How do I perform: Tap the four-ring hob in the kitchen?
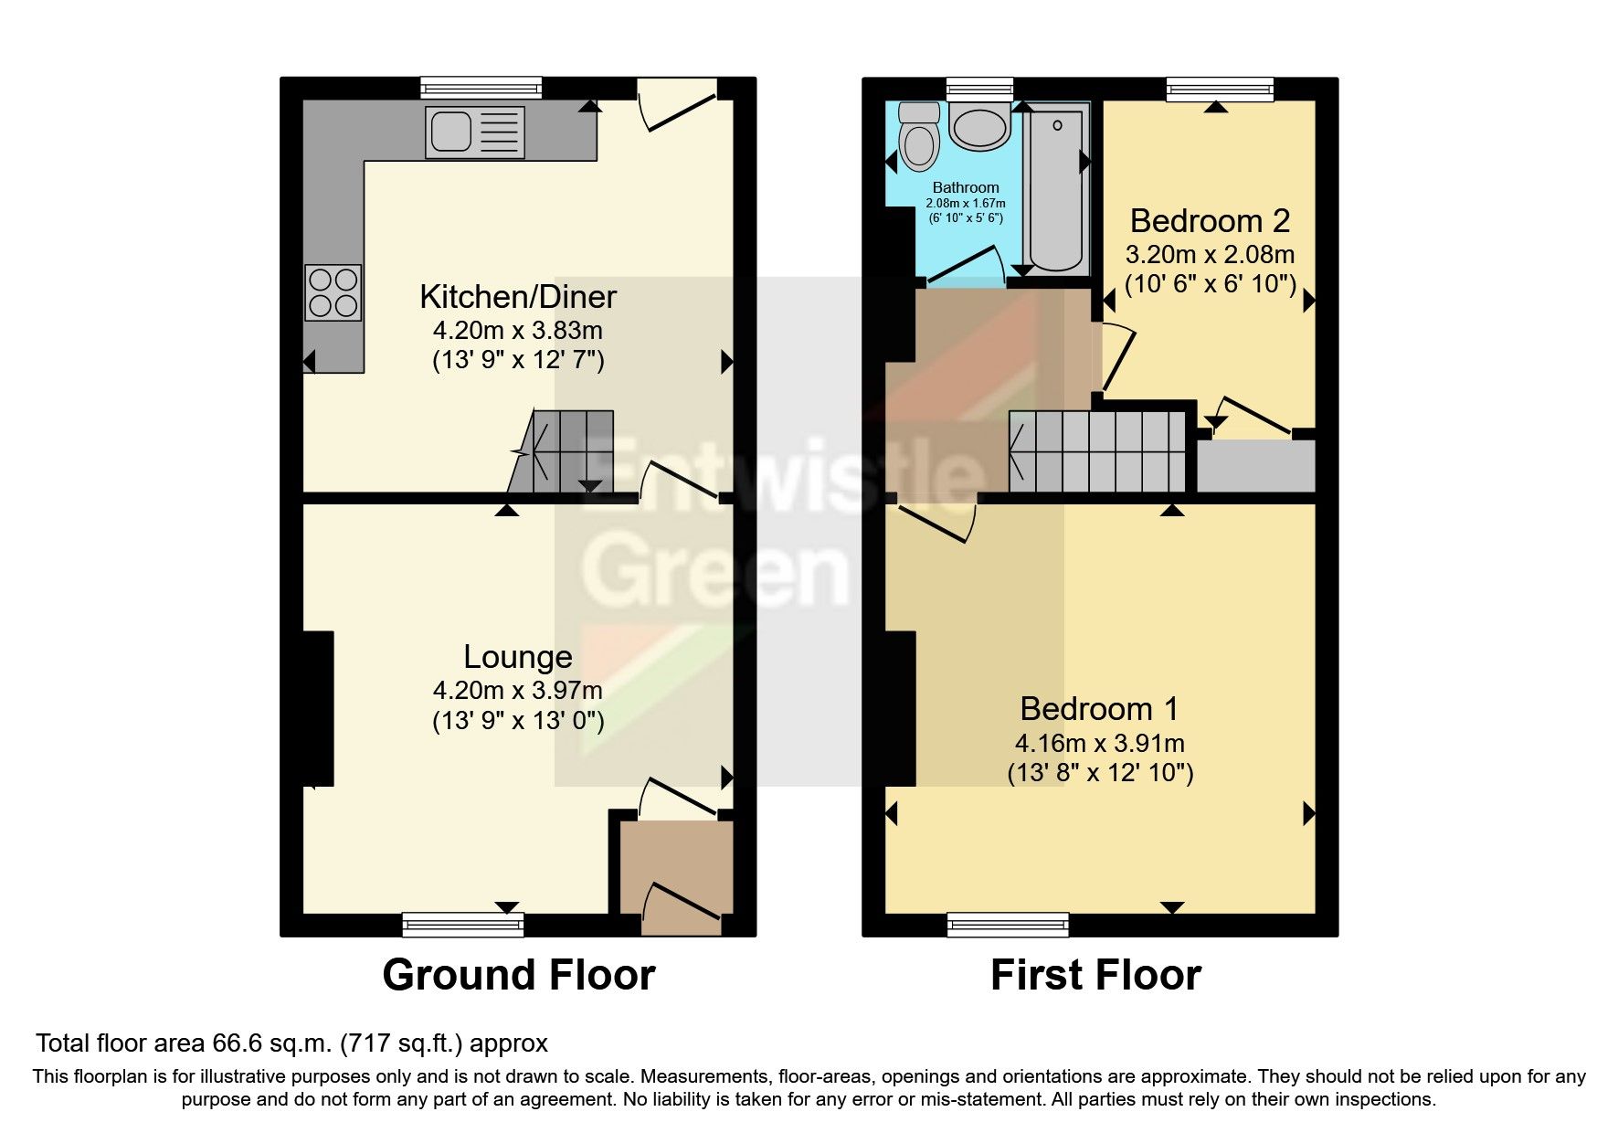pyautogui.click(x=333, y=292)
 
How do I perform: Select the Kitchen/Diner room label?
pyautogui.click(x=518, y=297)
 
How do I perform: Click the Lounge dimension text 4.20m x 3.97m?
pyautogui.click(x=518, y=691)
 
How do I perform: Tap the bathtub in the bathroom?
pyautogui.click(x=1055, y=192)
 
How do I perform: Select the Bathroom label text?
pyautogui.click(x=966, y=187)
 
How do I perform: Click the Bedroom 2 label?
pyautogui.click(x=1210, y=221)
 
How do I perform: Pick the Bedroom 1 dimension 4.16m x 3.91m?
pyautogui.click(x=1100, y=744)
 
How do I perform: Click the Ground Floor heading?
pyautogui.click(x=518, y=975)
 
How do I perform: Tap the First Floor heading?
pyautogui.click(x=1095, y=975)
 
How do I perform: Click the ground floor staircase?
pyautogui.click(x=562, y=451)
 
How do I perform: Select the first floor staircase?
pyautogui.click(x=1097, y=451)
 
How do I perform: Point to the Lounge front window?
pyautogui.click(x=463, y=925)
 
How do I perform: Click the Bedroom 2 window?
pyautogui.click(x=1220, y=89)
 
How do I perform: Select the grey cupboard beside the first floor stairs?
pyautogui.click(x=1255, y=466)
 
